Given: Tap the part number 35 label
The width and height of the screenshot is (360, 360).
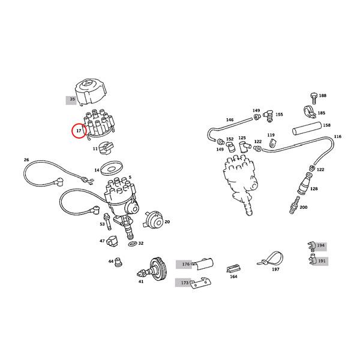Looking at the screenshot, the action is [73, 99].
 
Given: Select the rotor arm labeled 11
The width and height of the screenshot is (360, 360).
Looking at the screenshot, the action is [106, 148].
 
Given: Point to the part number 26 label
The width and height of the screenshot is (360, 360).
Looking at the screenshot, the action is [26, 160].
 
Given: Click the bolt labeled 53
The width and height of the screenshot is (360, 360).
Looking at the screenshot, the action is [107, 221].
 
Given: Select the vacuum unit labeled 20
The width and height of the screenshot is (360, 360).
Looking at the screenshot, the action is [154, 220].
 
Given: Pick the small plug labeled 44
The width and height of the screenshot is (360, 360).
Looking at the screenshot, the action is [119, 262].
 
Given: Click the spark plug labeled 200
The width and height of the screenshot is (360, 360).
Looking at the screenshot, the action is [295, 205].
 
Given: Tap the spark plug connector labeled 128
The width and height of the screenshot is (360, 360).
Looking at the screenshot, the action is [305, 184].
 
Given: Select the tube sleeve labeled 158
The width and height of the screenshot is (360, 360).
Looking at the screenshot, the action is [307, 129].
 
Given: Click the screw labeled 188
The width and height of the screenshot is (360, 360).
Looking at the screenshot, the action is [313, 98].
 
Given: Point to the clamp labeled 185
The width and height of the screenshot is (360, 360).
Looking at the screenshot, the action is [309, 113].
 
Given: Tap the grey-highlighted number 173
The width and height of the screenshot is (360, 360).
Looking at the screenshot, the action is [185, 283].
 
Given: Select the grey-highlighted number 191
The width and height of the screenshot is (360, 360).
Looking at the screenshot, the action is [322, 261].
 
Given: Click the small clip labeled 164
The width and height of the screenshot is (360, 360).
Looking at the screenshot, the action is [233, 269].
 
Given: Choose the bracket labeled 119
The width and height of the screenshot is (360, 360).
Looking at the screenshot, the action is [272, 143].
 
